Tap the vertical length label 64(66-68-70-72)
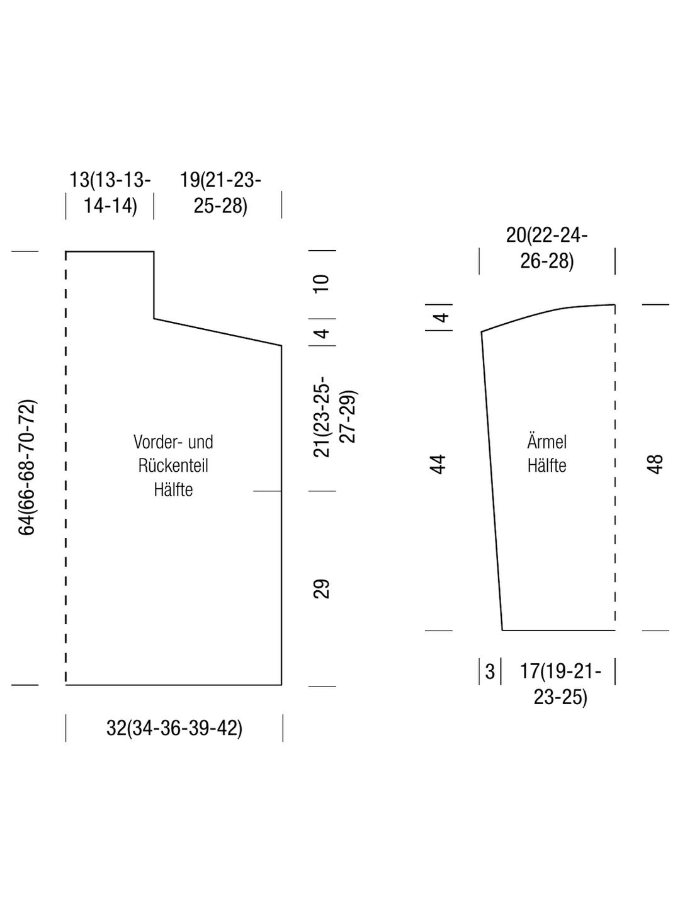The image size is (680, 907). click(x=27, y=467)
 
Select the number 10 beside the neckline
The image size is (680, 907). click(x=321, y=284)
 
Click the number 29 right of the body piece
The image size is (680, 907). click(x=321, y=589)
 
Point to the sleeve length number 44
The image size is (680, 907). click(x=438, y=464)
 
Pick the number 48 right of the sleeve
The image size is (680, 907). click(x=655, y=464)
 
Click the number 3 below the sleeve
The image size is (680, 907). click(x=490, y=671)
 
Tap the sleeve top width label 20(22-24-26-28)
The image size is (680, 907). click(x=547, y=248)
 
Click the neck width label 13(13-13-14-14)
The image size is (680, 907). click(x=110, y=193)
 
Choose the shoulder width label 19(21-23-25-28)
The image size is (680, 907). click(x=220, y=193)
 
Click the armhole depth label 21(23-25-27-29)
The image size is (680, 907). click(x=334, y=416)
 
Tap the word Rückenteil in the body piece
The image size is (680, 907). click(x=173, y=465)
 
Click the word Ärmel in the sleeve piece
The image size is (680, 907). click(x=547, y=442)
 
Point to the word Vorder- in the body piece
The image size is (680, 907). click(x=157, y=442)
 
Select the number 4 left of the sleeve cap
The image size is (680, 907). click(x=442, y=317)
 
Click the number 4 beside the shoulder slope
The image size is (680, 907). click(x=322, y=333)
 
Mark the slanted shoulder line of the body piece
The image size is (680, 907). click(x=218, y=332)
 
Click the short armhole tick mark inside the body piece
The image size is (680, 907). click(x=267, y=491)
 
